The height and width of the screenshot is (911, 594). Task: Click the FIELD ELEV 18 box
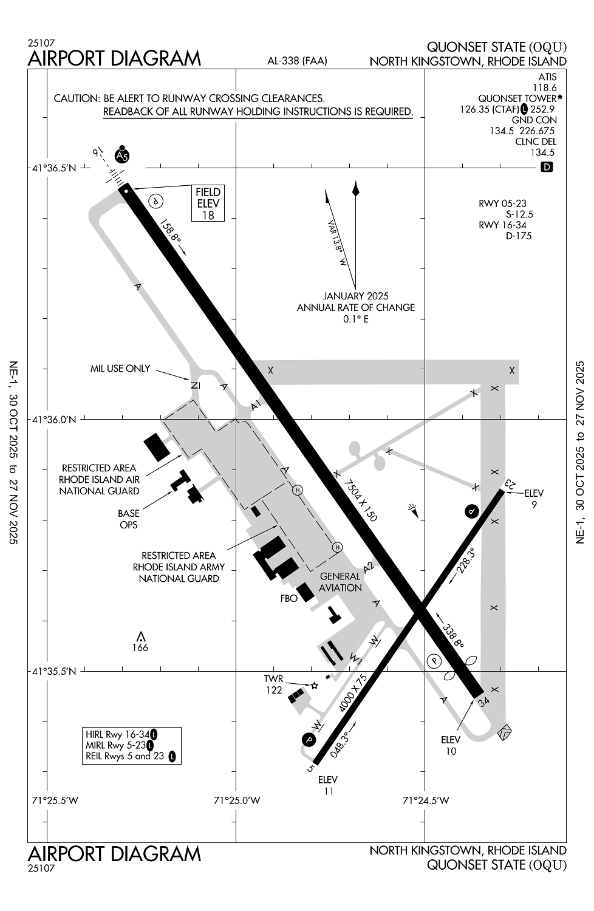tap(208, 203)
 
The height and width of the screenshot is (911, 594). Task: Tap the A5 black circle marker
tap(123, 156)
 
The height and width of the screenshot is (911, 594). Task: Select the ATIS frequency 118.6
tap(544, 87)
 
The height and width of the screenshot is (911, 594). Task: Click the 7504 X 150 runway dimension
tap(360, 500)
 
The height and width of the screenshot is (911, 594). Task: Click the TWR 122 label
tap(273, 684)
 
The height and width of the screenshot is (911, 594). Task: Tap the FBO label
tap(289, 598)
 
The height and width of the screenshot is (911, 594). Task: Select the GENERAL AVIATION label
tap(340, 582)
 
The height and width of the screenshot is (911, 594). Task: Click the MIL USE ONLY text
tap(120, 369)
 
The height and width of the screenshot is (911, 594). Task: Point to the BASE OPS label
tap(128, 519)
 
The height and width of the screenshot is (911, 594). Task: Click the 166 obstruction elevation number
tap(140, 647)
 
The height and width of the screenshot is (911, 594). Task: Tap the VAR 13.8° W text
tap(336, 243)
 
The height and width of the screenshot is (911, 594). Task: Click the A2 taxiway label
tap(368, 568)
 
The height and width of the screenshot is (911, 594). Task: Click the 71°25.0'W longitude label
tap(237, 800)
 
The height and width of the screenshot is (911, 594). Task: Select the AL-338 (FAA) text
tap(298, 61)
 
